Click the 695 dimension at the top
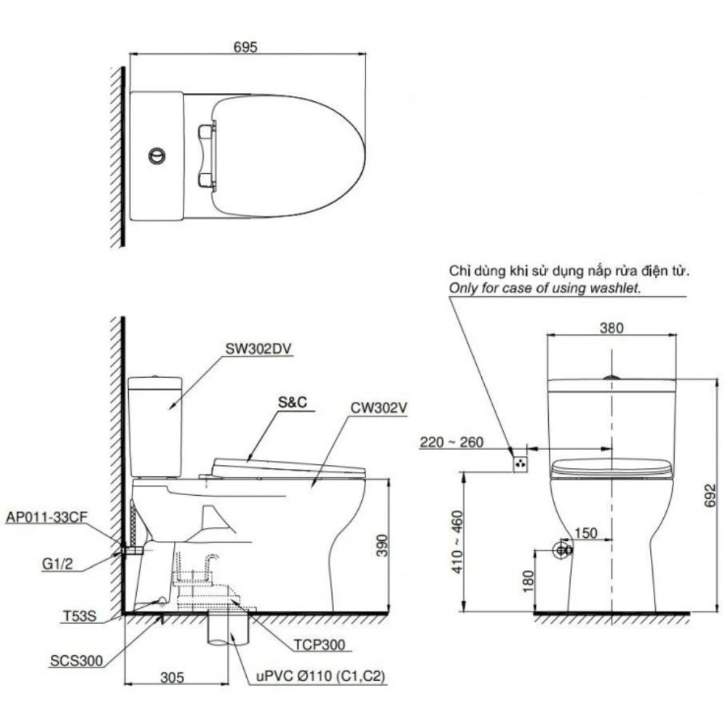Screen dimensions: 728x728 point(245,47)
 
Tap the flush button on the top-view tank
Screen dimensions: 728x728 point(157,156)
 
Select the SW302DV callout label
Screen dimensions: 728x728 point(258,349)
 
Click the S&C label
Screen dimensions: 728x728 point(293,402)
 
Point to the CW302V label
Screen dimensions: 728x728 point(379,408)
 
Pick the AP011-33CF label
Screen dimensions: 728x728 point(47,517)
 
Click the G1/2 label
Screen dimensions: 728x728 point(58,564)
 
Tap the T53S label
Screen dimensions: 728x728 point(79,616)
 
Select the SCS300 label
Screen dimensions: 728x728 point(76,661)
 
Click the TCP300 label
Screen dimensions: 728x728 point(320,645)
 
